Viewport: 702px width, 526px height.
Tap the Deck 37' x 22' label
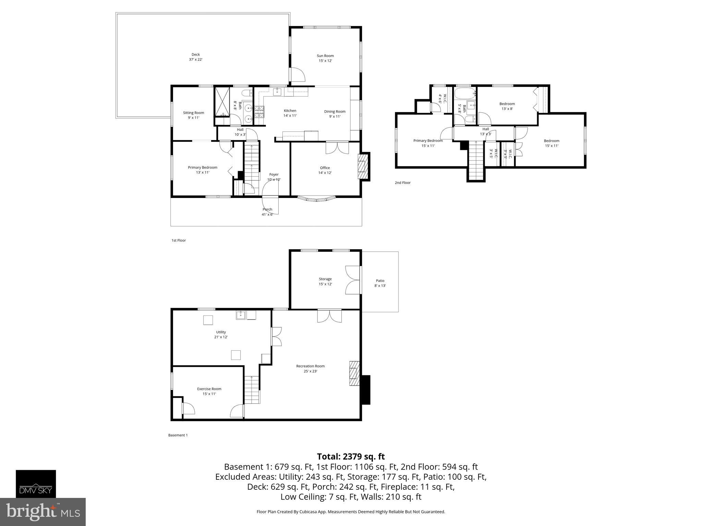[x=195, y=57]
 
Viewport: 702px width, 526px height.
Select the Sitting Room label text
[x=193, y=115]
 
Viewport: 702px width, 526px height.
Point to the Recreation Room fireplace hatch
[x=354, y=373]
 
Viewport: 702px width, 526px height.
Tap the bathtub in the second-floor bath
[x=465, y=92]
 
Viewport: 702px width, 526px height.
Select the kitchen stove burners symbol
[x=259, y=112]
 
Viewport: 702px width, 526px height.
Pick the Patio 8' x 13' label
[x=380, y=283]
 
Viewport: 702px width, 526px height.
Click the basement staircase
[x=252, y=389]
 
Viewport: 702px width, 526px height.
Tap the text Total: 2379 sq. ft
[x=351, y=456]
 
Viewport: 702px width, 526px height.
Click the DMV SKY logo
[x=36, y=484]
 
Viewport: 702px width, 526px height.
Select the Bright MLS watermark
[x=43, y=512]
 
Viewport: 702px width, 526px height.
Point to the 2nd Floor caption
[x=402, y=183]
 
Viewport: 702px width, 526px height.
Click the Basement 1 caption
[x=178, y=435]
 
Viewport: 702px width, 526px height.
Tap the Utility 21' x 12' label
[x=221, y=334]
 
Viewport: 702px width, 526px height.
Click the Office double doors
[x=337, y=148]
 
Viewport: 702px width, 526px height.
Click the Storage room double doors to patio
[x=353, y=280]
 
